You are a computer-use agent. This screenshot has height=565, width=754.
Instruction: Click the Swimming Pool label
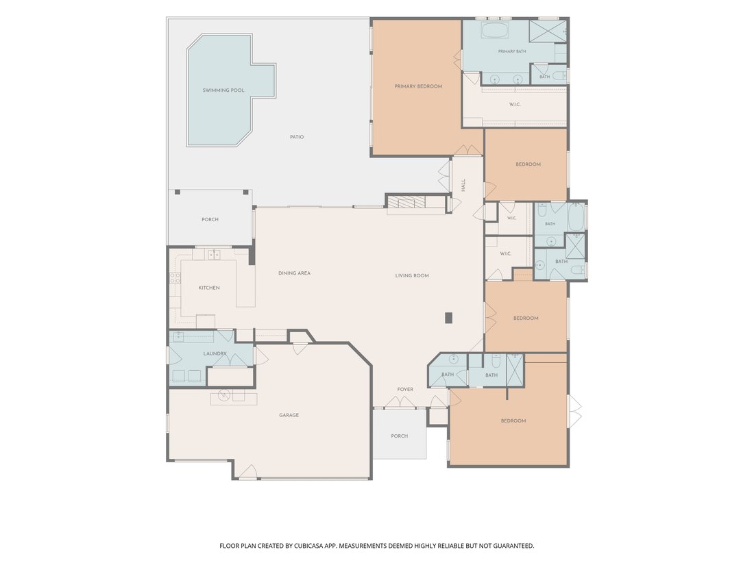point(223,90)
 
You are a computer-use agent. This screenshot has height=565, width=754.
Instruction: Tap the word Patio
point(297,137)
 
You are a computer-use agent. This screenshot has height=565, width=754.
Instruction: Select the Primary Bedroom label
point(418,86)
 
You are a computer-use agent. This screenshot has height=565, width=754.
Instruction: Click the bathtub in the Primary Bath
point(495,31)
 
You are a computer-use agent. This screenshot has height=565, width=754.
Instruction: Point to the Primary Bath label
point(512,51)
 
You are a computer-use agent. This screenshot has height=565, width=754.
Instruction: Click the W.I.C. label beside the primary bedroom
point(515,104)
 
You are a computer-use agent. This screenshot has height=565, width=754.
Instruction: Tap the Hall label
point(463,185)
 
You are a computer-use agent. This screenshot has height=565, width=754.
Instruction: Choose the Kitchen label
point(209,288)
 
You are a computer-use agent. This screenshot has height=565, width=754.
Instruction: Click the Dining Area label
point(294,273)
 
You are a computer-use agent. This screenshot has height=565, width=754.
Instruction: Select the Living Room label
point(412,276)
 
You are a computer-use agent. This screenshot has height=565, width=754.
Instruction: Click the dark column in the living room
point(449,318)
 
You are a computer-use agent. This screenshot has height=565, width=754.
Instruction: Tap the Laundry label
point(215,353)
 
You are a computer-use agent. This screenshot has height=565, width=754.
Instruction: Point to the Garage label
point(289,415)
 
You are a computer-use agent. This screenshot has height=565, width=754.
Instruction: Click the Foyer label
point(405,390)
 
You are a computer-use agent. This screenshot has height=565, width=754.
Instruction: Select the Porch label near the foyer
point(400,436)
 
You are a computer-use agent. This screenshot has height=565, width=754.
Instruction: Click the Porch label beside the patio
point(210,220)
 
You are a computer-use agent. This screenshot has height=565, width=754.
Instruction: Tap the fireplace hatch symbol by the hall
point(406,202)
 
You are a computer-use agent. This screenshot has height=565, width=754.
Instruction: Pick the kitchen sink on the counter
point(214,254)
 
